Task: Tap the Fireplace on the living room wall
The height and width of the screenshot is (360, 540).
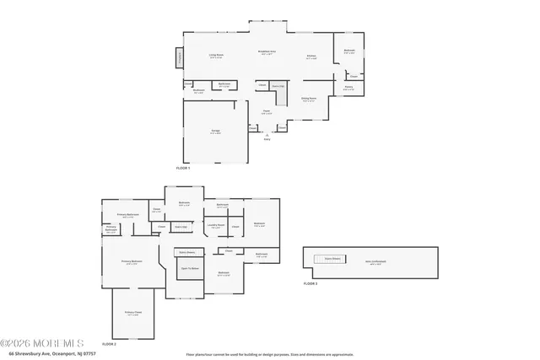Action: pos(179,57)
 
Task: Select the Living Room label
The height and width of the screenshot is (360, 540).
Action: pos(216,56)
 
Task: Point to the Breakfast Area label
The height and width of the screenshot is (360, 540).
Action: pos(267,52)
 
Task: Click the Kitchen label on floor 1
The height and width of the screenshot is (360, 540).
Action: pos(310,57)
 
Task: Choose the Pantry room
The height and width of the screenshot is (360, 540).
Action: pos(348,87)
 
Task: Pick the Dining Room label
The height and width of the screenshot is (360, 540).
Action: pos(310,99)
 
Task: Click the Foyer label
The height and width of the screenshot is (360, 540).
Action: pos(265,111)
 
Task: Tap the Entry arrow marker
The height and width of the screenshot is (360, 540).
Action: pos(267,134)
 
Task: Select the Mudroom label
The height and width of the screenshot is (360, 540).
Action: pos(199,90)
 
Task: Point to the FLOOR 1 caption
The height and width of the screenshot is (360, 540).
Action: pos(183,169)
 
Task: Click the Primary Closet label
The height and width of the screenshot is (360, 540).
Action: pos(132,313)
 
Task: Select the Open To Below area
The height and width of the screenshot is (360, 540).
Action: pos(190,269)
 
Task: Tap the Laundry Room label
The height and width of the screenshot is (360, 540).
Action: pos(215,225)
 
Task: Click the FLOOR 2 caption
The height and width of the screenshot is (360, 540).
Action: pos(109,344)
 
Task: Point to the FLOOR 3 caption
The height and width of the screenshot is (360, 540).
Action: pos(310,284)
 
